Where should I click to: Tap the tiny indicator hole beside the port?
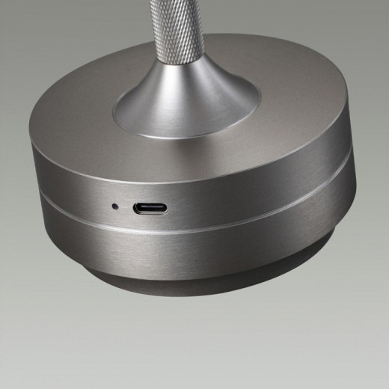(114, 205)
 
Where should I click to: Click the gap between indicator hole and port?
(124, 206)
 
